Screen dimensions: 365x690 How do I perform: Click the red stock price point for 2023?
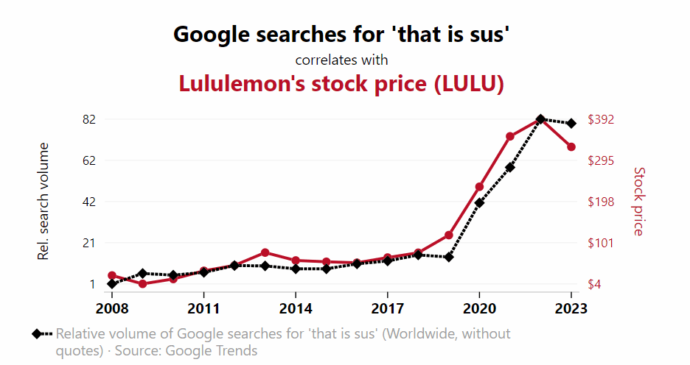coord(571,147)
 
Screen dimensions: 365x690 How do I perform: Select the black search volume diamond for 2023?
coord(571,123)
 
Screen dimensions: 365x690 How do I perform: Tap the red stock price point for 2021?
coord(509,136)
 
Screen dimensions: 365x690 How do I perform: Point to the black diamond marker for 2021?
coord(509,167)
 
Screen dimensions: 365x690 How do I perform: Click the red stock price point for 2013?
coord(265,252)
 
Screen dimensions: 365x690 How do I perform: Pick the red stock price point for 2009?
coord(142,284)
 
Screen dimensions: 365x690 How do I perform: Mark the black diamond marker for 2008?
coord(112,283)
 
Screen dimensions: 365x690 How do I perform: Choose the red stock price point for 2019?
coord(448,235)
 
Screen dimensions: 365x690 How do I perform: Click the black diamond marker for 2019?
coord(448,257)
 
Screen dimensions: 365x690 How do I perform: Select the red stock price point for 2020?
coord(479,187)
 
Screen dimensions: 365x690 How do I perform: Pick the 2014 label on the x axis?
coord(296,307)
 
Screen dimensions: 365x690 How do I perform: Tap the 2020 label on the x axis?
coord(479,307)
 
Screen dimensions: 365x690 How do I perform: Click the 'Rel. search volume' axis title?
coord(43,202)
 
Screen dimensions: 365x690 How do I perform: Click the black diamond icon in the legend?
coord(36,334)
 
